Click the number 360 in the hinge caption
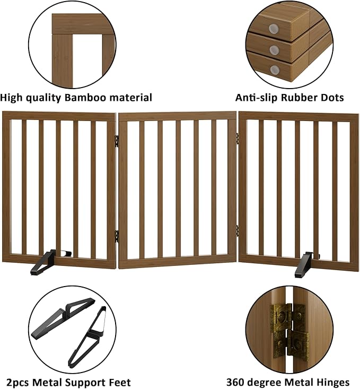[x=237, y=382]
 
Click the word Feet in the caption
[x=119, y=382]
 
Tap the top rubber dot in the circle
[x=274, y=28]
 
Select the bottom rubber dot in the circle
[x=274, y=70]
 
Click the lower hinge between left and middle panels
[x=117, y=233]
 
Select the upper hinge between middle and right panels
[x=238, y=137]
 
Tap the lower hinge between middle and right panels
[x=237, y=230]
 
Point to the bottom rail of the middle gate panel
[x=177, y=258]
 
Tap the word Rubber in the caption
[x=301, y=98]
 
